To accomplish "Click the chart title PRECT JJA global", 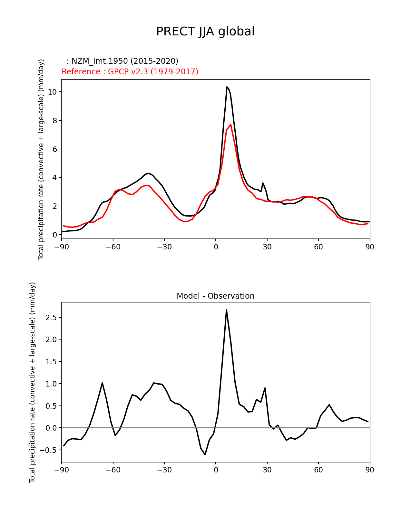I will coord(205,32).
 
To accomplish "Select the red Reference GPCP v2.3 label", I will coord(130,72).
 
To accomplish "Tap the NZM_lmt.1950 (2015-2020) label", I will coord(122,61).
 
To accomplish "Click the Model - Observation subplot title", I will coord(215,296).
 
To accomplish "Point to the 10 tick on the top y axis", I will coord(52,92).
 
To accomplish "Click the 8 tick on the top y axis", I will coord(54,121).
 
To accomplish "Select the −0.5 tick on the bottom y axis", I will coord(48,450).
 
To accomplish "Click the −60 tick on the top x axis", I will coord(113,247).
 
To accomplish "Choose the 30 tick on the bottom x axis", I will coord(267,470).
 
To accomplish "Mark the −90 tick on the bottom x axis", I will coord(62,470).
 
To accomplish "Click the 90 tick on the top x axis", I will coord(370,247).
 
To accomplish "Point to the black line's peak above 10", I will coord(227,87).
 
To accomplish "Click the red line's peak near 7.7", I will coord(231,125).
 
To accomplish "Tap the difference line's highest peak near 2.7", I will coord(226,310).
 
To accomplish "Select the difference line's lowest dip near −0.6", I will coord(205,454).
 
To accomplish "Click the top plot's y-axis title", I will coord(41,159).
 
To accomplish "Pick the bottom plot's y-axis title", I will coord(32,382).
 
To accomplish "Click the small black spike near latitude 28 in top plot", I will coord(263,183).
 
